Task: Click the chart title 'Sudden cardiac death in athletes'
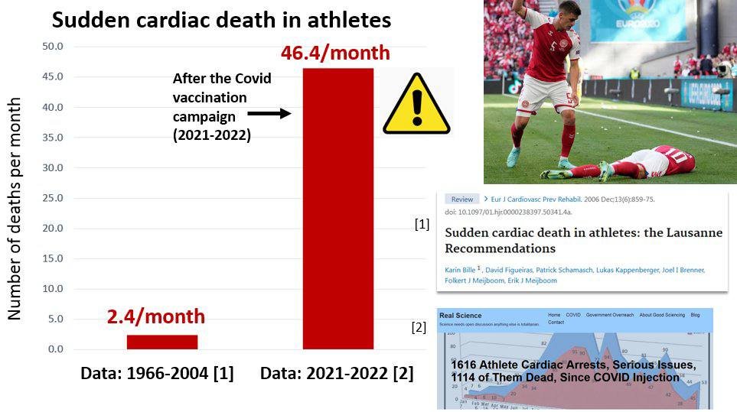tap(221, 20)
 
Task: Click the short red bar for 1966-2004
tap(162, 342)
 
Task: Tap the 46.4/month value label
tap(335, 54)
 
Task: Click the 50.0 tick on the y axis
tap(52, 47)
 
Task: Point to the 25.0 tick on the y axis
tap(52, 198)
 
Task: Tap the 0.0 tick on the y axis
tap(55, 349)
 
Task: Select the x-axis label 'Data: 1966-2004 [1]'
tap(158, 374)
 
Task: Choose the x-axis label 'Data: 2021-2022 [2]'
tap(337, 374)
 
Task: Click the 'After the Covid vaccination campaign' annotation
tap(221, 106)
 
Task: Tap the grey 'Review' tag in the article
tap(461, 200)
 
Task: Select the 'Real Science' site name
tap(459, 314)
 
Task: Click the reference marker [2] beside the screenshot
tap(419, 328)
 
